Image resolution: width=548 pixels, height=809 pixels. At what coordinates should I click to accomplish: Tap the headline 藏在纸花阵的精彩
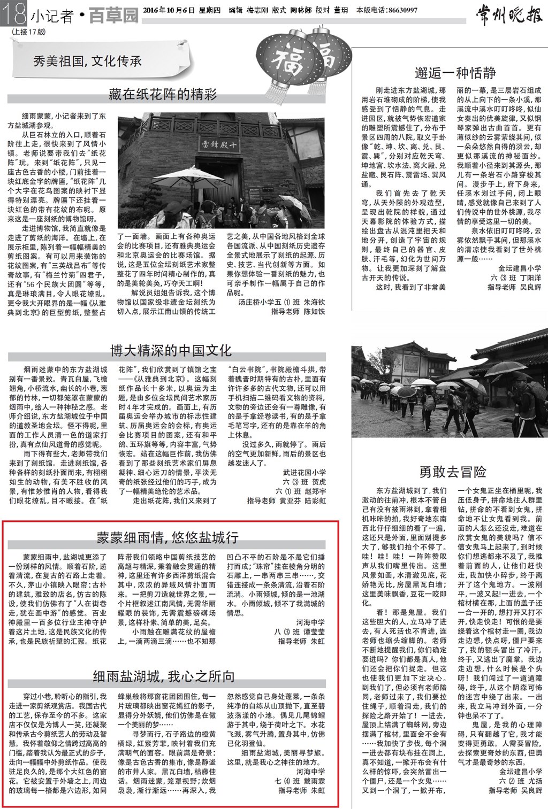[163, 95]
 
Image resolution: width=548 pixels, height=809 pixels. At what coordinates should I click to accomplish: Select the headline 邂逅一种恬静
[455, 72]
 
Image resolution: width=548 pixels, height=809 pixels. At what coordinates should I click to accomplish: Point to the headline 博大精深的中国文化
[171, 351]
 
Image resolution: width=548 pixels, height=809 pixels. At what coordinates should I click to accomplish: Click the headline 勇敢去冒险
[453, 472]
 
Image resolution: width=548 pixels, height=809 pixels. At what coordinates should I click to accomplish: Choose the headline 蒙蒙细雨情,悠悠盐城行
[168, 537]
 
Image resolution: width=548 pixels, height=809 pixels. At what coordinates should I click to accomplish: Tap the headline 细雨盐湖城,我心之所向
[164, 676]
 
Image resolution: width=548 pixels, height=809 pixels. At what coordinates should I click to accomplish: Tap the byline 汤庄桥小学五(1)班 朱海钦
[281, 302]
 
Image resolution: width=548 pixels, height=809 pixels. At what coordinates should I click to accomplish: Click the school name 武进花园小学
[304, 472]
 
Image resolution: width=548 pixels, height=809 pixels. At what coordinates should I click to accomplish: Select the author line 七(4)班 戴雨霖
[300, 781]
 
